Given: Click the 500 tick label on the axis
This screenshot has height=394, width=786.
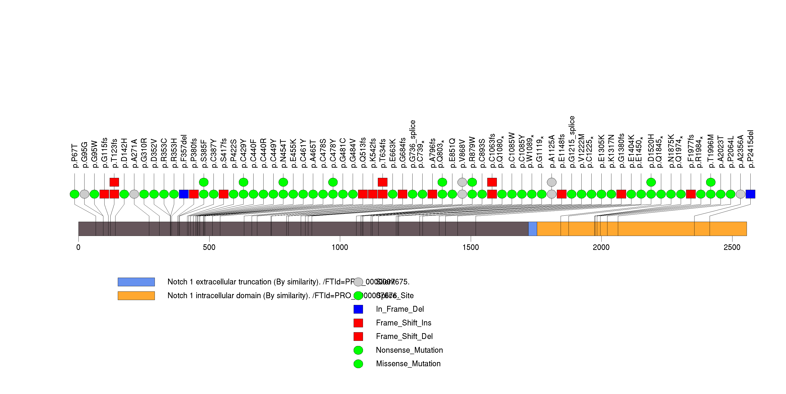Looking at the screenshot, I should pos(209,247).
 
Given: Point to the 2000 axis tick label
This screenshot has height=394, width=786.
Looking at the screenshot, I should pos(601,247).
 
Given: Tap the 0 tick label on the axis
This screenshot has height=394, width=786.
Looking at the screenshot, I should pos(78,247).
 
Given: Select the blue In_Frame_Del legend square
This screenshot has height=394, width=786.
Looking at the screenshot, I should pos(358,309).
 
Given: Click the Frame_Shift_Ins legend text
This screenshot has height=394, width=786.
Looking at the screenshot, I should pos(403,323).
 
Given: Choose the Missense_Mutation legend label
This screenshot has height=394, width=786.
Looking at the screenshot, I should pos(408,364).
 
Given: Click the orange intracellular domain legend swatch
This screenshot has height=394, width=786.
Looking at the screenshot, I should pos(136,296).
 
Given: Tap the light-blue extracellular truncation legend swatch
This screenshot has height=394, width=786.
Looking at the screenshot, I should pos(136,282).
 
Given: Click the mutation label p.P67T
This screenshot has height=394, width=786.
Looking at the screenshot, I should pos(75,156).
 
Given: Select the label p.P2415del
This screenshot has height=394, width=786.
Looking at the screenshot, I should pos(751,149).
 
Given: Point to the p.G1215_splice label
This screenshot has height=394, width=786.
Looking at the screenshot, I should pos(572,142).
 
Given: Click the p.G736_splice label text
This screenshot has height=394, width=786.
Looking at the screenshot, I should pos(413,144).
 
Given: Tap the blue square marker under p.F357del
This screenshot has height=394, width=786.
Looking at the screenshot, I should pos(184,194).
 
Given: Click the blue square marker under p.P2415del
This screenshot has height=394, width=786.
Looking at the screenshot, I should pos(750,194).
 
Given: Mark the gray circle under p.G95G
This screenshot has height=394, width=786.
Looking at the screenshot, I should pos(85,194).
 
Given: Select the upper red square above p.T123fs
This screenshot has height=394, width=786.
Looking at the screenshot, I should pos(114,182).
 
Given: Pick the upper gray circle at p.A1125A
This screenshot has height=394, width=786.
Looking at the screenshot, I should pos(552,182).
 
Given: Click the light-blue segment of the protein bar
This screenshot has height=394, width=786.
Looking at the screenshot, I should pos(532,229).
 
